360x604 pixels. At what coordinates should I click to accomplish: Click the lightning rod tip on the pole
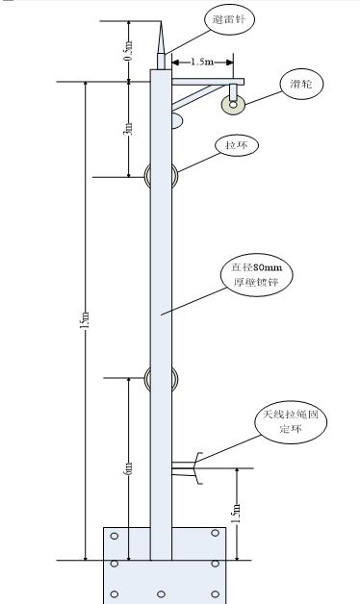click(x=161, y=22)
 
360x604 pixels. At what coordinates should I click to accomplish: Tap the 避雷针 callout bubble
click(x=228, y=19)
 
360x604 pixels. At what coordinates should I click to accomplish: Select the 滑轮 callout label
click(x=301, y=84)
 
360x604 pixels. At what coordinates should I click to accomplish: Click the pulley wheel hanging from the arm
click(x=233, y=104)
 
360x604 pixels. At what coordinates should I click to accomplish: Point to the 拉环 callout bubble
click(x=236, y=145)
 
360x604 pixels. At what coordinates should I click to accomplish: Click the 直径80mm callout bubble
click(x=257, y=275)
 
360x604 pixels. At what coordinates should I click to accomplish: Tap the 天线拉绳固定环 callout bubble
click(x=291, y=422)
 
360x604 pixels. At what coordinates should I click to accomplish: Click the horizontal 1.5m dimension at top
click(x=202, y=62)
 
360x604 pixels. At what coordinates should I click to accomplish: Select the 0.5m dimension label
click(x=130, y=50)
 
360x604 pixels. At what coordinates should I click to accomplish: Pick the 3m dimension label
click(x=129, y=129)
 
